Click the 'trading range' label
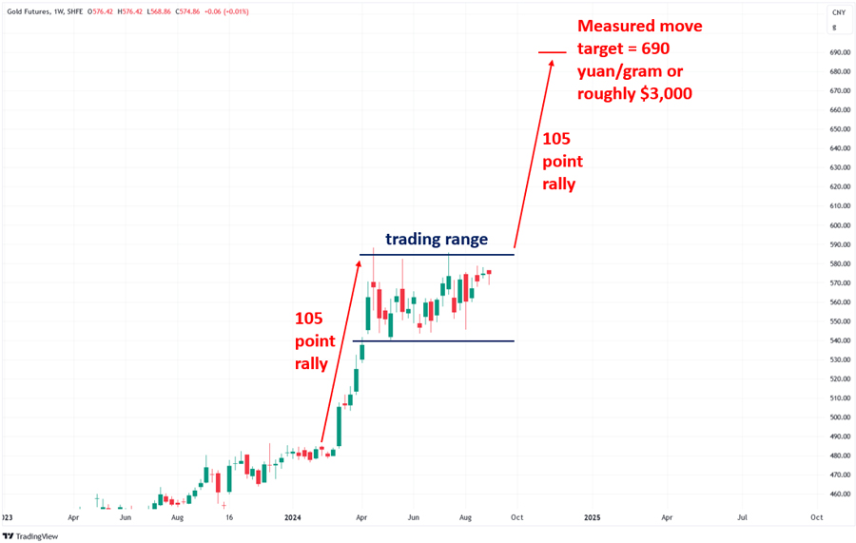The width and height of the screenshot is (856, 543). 436,239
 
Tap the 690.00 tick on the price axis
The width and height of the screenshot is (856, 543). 839,52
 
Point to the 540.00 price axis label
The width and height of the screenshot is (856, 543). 839,340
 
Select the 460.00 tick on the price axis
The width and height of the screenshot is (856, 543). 839,495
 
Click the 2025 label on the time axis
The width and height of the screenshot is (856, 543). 592,518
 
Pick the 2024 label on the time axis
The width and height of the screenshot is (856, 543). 292,518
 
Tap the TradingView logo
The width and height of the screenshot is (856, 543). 31,535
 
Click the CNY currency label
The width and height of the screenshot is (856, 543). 839,12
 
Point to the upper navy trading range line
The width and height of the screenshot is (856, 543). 437,255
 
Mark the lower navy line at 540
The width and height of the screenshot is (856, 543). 433,340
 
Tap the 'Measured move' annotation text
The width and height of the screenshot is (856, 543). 639,26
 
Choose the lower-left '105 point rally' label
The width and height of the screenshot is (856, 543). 315,340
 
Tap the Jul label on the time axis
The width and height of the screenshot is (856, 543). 741,518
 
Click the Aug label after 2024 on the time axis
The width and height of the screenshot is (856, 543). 465,518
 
